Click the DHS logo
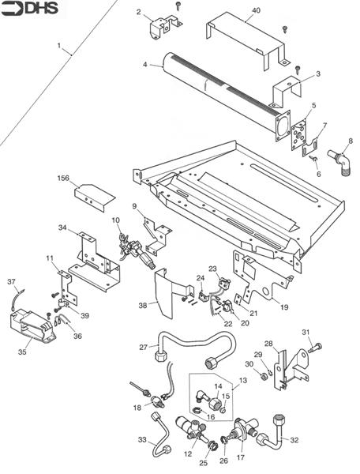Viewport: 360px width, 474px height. click(29, 8)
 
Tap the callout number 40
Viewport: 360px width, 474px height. click(256, 10)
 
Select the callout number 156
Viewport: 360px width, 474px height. click(63, 179)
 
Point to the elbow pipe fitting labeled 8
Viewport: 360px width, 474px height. click(340, 162)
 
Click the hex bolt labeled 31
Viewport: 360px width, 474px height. click(315, 348)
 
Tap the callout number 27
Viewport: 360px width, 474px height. click(143, 348)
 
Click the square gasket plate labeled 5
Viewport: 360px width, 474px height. click(299, 135)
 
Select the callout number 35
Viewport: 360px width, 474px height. click(22, 352)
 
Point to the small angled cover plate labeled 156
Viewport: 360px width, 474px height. click(95, 197)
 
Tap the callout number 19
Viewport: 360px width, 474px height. click(284, 307)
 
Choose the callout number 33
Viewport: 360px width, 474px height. click(142, 439)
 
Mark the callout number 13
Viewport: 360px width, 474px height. click(242, 380)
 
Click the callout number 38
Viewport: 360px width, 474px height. click(143, 305)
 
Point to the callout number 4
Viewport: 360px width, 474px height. click(145, 65)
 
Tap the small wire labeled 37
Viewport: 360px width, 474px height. click(17, 300)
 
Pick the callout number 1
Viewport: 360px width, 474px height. click(59, 46)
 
